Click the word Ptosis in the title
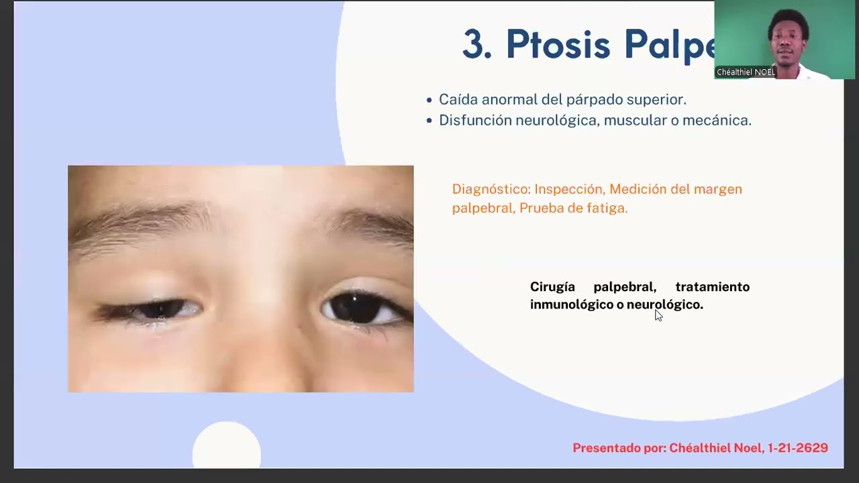[558, 46]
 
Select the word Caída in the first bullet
[455, 100]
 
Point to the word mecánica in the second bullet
[721, 121]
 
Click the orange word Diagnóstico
[491, 190]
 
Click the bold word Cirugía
[552, 287]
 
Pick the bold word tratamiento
[712, 287]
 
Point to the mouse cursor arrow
[658, 315]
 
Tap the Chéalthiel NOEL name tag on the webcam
[746, 72]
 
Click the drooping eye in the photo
[158, 309]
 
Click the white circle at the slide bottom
[226, 446]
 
